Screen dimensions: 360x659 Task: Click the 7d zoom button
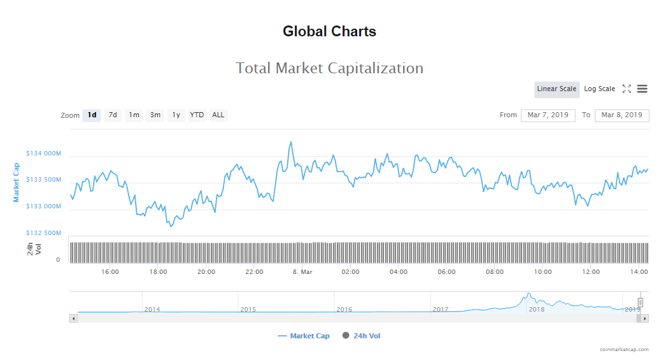pyautogui.click(x=113, y=115)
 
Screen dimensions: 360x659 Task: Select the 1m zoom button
pyautogui.click(x=134, y=115)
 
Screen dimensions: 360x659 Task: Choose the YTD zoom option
pyautogui.click(x=197, y=115)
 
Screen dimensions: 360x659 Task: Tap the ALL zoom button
pyautogui.click(x=218, y=115)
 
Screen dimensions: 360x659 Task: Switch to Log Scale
pyautogui.click(x=599, y=89)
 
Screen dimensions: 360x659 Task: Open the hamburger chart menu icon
pyautogui.click(x=642, y=89)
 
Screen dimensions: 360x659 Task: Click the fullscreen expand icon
pyautogui.click(x=627, y=89)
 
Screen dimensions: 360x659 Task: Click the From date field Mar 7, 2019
pyautogui.click(x=548, y=115)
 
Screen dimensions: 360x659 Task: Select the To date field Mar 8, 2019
pyautogui.click(x=621, y=115)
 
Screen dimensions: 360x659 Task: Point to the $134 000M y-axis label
pyautogui.click(x=43, y=154)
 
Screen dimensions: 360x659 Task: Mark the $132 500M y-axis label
pyautogui.click(x=43, y=233)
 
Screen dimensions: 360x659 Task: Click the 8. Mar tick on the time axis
pyautogui.click(x=302, y=272)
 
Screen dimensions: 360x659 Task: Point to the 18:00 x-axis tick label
pyautogui.click(x=158, y=272)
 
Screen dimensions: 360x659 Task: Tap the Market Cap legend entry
pyautogui.click(x=304, y=336)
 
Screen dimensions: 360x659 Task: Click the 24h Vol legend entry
pyautogui.click(x=362, y=336)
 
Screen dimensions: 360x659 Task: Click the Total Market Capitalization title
pyautogui.click(x=329, y=68)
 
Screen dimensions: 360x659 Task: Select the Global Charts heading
pyautogui.click(x=329, y=31)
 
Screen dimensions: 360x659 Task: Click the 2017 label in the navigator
pyautogui.click(x=441, y=309)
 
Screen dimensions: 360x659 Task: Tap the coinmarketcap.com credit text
pyautogui.click(x=624, y=349)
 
